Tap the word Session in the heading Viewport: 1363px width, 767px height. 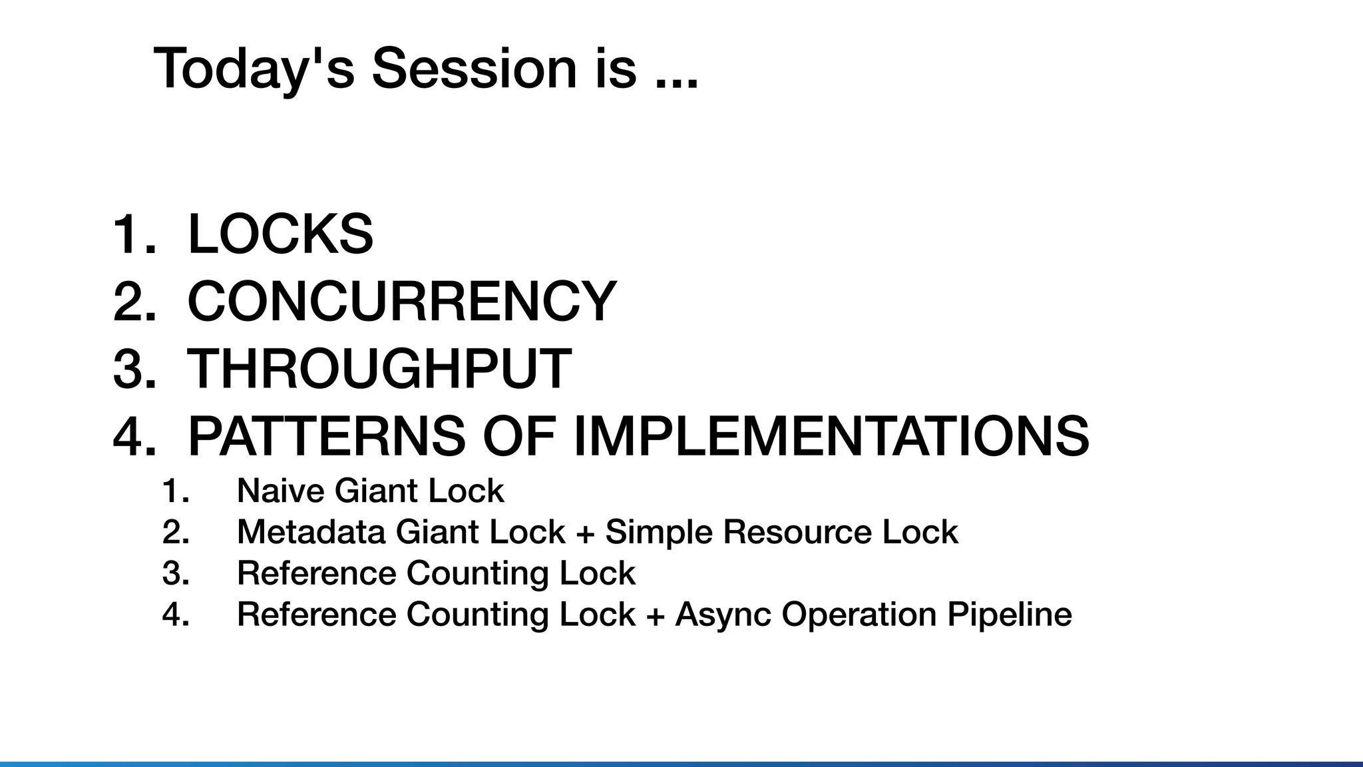tap(474, 68)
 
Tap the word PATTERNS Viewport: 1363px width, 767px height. tap(326, 436)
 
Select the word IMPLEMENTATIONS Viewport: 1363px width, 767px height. tap(831, 436)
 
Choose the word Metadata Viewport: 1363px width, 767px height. tap(311, 532)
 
